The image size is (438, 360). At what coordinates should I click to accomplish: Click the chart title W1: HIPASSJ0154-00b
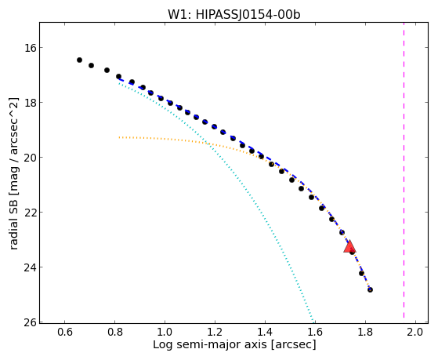(233, 15)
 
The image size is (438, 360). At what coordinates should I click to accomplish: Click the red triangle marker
(349, 246)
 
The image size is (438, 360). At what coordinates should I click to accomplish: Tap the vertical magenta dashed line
(404, 171)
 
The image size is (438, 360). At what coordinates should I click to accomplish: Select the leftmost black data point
(79, 60)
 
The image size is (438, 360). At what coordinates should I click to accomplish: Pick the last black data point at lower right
(370, 289)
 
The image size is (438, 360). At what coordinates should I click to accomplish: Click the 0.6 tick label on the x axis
(65, 333)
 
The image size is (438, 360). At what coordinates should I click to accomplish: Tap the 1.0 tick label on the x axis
(165, 333)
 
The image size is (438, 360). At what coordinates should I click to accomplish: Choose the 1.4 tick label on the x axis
(265, 333)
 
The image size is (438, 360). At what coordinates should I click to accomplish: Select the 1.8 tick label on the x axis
(365, 333)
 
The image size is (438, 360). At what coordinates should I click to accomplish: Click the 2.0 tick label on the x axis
(415, 333)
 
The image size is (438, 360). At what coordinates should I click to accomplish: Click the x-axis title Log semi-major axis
(210, 344)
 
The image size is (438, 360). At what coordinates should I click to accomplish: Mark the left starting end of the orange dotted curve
(119, 137)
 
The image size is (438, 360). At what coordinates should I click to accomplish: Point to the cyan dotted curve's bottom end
(313, 321)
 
